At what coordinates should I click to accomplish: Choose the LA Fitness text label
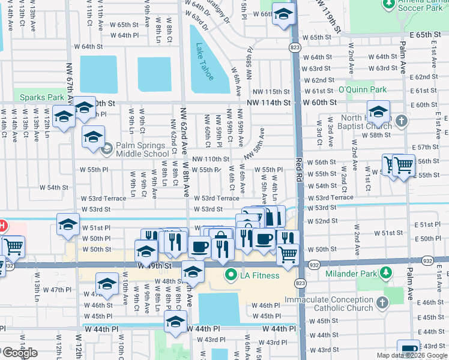(x=260, y=275)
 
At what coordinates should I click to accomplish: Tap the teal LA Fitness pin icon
(x=229, y=275)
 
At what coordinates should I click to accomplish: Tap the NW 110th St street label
(x=210, y=159)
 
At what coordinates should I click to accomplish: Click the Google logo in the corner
(x=20, y=353)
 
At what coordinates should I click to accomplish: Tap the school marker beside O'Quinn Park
(x=378, y=112)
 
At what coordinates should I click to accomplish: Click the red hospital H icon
(x=2, y=226)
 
